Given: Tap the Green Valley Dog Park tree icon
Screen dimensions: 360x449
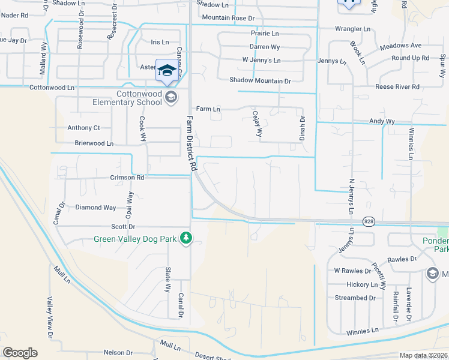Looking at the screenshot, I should (x=187, y=239).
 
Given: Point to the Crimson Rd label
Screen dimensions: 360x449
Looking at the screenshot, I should (x=127, y=178).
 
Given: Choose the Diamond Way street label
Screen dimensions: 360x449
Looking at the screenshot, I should (x=95, y=208).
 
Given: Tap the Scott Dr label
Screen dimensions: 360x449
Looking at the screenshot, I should (x=124, y=226).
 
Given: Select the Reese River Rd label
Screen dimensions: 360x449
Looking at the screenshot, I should (x=397, y=87).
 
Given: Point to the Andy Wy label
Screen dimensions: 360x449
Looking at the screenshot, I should (x=382, y=121).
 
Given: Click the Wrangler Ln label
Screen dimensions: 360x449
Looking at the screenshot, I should (x=353, y=29).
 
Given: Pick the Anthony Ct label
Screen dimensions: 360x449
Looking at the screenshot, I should (x=83, y=128).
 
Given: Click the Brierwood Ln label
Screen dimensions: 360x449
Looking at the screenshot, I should (x=94, y=143).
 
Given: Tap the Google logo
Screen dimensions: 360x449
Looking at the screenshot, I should (x=20, y=352).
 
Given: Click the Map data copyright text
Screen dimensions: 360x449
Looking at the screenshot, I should (x=423, y=355).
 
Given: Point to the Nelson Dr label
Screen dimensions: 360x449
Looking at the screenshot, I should (x=117, y=353).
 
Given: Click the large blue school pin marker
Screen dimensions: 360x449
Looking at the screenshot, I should (x=165, y=70).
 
